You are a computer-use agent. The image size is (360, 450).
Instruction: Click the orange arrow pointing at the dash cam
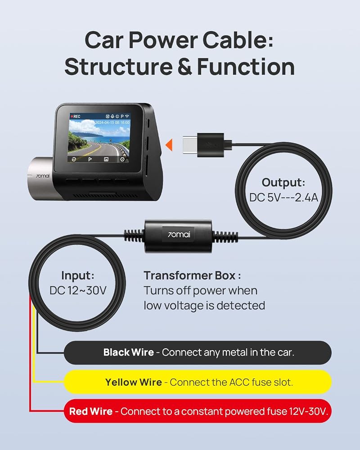(169, 145)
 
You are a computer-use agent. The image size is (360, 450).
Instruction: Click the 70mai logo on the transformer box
(179, 234)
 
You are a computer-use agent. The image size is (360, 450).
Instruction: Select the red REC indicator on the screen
(76, 117)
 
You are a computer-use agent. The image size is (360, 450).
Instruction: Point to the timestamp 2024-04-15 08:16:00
(112, 122)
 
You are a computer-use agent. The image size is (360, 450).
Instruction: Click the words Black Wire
(128, 352)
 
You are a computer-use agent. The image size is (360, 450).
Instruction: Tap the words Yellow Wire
(134, 382)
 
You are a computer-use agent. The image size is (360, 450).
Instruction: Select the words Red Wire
(91, 411)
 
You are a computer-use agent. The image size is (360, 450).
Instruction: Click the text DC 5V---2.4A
(283, 198)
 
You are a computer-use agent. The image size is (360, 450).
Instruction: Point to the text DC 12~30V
(78, 290)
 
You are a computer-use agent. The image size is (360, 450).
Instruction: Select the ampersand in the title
(184, 67)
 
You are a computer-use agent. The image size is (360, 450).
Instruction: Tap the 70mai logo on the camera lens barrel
(42, 175)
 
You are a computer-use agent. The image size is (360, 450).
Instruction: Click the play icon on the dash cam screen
(90, 159)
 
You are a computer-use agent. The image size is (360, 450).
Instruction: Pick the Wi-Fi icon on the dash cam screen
(127, 116)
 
